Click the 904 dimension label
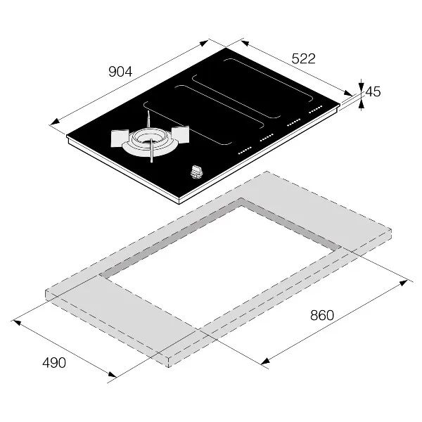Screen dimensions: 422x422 120,72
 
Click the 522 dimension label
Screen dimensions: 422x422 303,58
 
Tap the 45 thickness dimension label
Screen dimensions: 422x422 373,91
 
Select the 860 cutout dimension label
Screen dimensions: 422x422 322,315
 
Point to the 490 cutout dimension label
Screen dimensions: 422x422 54,363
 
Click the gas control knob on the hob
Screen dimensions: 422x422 197,172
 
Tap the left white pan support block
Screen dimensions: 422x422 120,138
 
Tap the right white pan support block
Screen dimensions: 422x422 180,134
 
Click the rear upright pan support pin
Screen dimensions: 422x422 148,119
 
